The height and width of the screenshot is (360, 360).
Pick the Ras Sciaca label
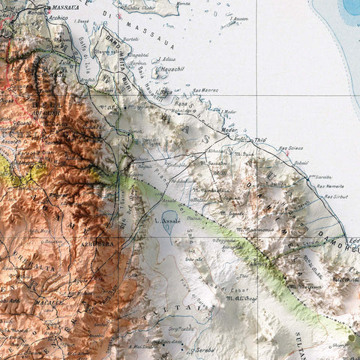pyautogui.click(x=291, y=148)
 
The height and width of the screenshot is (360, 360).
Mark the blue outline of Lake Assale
pyautogui.click(x=169, y=223)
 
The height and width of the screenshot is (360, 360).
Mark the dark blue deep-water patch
pyautogui.click(x=351, y=7)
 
